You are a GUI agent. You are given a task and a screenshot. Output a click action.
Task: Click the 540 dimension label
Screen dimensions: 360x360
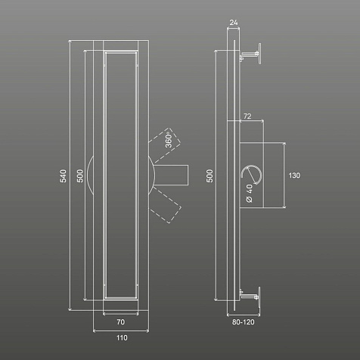[x=64, y=175]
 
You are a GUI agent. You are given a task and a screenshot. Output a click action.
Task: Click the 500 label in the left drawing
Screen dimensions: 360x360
[x=79, y=175]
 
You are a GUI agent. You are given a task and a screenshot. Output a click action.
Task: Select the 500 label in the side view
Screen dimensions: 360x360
[x=209, y=175]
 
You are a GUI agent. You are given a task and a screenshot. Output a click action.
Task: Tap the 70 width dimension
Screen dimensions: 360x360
[x=121, y=322]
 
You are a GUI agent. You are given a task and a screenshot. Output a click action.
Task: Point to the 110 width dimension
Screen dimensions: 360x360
[x=122, y=337]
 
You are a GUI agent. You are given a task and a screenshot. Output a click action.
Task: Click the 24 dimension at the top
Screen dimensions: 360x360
[x=234, y=23]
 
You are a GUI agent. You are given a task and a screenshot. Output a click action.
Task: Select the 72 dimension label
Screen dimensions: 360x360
[x=247, y=116]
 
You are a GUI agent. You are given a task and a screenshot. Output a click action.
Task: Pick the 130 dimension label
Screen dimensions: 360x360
[x=294, y=175]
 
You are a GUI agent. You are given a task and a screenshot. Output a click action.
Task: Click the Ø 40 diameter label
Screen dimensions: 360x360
[x=249, y=193]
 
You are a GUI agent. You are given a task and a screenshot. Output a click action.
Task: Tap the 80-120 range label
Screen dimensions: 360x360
[x=244, y=322]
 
